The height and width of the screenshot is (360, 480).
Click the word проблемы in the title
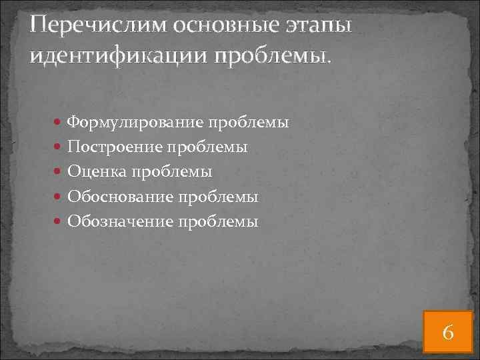pos(271,57)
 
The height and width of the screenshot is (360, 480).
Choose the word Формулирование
pos(136,123)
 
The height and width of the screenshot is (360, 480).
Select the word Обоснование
pos(121,197)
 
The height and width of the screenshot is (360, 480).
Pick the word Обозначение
pos(121,222)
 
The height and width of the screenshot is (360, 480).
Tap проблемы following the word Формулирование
pos(249,123)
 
